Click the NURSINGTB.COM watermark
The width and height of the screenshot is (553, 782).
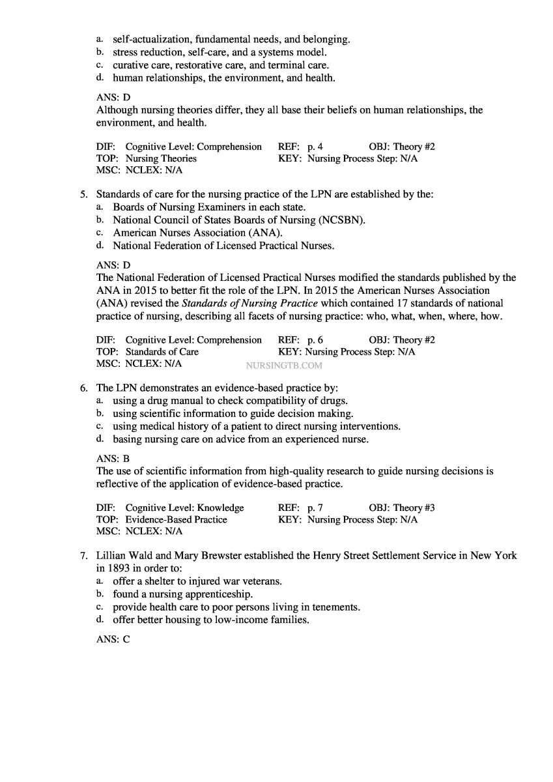pos(285,366)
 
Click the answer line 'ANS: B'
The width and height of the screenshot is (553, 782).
pos(113,459)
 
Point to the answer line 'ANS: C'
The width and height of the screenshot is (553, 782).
pos(113,639)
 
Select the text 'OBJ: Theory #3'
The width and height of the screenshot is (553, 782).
pos(402,508)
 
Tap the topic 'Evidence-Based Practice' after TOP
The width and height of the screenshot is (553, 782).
pos(176,519)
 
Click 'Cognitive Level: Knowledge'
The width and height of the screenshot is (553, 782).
pos(184,508)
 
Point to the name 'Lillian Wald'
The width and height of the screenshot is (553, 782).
pos(124,556)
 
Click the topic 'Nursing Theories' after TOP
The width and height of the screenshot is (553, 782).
pos(161,158)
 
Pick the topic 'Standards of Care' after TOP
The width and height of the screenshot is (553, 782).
pos(162,352)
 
